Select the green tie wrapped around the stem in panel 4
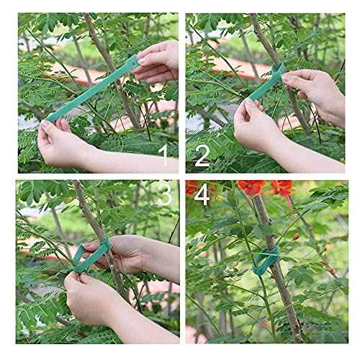[267, 259]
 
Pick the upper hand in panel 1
[158, 61]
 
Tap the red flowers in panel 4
[259, 189]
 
